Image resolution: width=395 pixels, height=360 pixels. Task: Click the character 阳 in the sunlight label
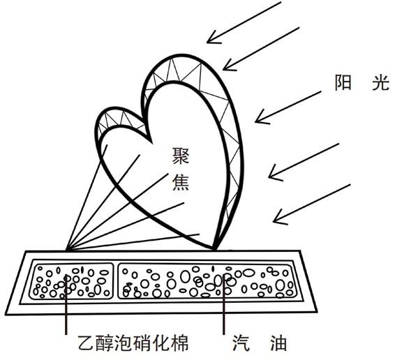coord(343,82)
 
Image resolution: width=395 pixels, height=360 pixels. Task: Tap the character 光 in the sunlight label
coord(381,82)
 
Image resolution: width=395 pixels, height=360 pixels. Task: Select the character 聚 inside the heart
coord(180,156)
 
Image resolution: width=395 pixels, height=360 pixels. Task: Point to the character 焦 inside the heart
coord(180,182)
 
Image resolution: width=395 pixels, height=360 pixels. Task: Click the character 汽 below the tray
coord(241,343)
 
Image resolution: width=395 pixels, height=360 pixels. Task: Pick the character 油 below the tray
coord(278,343)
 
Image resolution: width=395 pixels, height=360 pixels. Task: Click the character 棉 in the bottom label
coord(179,343)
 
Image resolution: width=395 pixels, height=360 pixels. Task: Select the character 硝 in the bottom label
coord(142,343)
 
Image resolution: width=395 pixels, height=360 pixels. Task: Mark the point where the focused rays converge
coord(67,250)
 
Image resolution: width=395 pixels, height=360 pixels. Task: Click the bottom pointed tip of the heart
coord(215,249)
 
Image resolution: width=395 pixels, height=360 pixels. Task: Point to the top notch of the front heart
coord(151,142)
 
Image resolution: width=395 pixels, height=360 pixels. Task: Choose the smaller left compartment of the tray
coord(72,281)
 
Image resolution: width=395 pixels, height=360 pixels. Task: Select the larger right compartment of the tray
coord(208,281)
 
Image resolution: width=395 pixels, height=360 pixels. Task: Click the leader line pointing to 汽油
coord(224,304)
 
